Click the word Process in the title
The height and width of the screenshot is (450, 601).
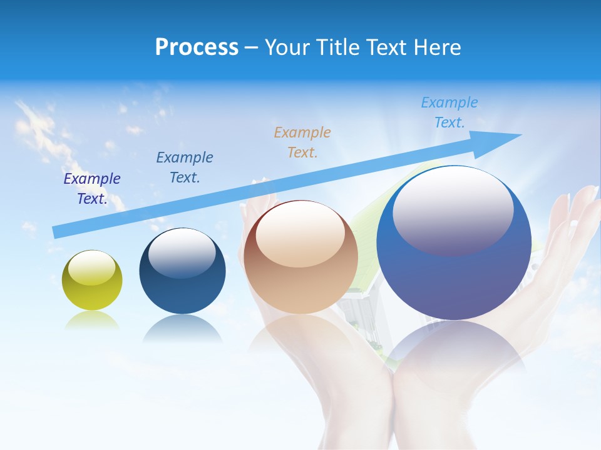[197, 47]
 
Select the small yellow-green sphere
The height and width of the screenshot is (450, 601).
[93, 280]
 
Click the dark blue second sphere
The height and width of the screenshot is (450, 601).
[182, 271]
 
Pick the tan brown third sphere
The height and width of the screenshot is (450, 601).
[300, 257]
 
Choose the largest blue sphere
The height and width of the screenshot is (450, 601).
[454, 243]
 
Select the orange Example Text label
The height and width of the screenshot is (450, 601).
[302, 142]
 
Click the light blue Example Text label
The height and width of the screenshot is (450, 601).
[449, 112]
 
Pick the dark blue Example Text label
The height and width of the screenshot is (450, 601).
[185, 167]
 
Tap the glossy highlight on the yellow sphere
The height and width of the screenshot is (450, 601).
[91, 268]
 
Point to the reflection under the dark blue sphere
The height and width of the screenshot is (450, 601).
[182, 328]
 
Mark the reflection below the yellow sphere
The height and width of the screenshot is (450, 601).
[92, 319]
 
